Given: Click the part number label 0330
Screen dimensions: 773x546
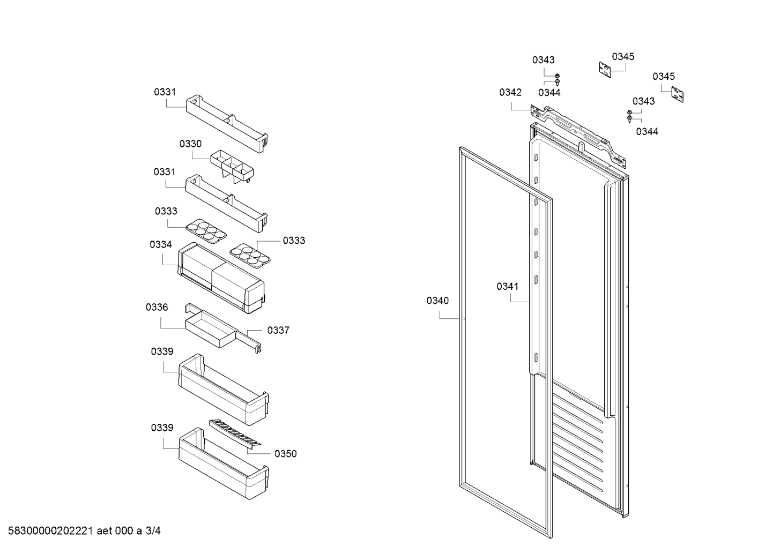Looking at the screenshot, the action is [x=190, y=144].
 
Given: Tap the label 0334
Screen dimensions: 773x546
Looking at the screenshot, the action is [x=160, y=244].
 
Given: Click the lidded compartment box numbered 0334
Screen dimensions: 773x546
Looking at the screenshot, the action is [x=221, y=278].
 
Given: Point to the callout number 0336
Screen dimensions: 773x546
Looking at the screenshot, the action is [x=157, y=308].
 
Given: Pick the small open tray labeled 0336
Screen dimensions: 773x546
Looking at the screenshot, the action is [x=211, y=328].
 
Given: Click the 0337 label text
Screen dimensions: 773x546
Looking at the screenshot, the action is [x=278, y=331].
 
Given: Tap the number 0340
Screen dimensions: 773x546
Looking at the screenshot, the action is [x=437, y=301].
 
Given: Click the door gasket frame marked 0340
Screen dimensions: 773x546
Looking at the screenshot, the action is [x=506, y=342].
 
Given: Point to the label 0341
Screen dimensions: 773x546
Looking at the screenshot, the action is [x=507, y=286].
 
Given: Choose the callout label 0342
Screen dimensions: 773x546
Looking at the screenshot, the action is [x=510, y=93].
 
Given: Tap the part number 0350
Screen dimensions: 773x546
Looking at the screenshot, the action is [x=285, y=454].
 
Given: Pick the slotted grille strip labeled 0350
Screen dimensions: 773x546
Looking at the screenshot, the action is [x=235, y=434].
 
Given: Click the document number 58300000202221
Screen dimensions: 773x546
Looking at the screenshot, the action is [x=50, y=531].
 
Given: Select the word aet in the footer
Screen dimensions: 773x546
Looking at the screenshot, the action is [x=104, y=531].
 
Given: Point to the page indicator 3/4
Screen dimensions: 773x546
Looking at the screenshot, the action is [x=153, y=531].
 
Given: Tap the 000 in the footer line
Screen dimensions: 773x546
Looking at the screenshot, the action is [x=124, y=531].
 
